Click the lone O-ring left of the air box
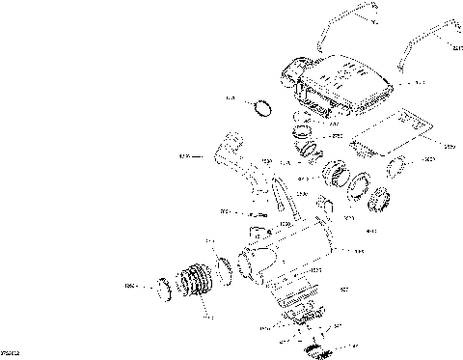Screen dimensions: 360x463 (x=260, y=106)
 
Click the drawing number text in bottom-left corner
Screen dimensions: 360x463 (x=12, y=354)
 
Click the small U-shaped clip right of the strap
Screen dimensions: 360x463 (x=325, y=207)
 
